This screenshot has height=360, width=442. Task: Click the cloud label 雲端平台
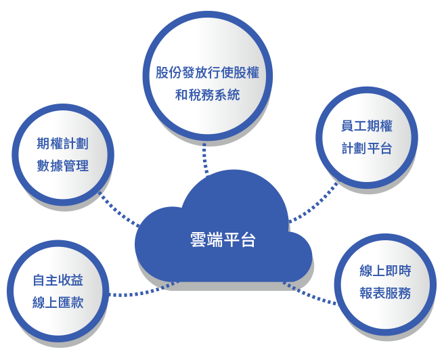pyautogui.click(x=223, y=240)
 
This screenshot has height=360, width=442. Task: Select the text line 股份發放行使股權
pyautogui.click(x=208, y=72)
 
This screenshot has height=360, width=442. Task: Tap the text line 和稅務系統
pyautogui.click(x=208, y=95)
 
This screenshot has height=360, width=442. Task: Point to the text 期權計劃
pyautogui.click(x=62, y=143)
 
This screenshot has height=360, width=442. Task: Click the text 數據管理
pyautogui.click(x=62, y=166)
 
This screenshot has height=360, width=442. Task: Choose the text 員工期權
pyautogui.click(x=366, y=126)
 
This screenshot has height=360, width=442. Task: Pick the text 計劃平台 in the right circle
pyautogui.click(x=366, y=148)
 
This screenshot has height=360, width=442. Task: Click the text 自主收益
pyautogui.click(x=58, y=280)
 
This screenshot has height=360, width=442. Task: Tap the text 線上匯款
pyautogui.click(x=58, y=302)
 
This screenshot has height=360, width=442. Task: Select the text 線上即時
pyautogui.click(x=385, y=271)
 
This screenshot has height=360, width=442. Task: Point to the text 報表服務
pyautogui.click(x=385, y=293)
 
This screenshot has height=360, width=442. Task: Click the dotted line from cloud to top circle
pyautogui.click(x=205, y=158)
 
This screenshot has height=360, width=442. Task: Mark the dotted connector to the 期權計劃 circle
pyautogui.click(x=118, y=210)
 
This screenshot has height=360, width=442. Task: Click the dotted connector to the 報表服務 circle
pyautogui.click(x=309, y=295)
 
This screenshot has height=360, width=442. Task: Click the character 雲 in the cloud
pyautogui.click(x=198, y=240)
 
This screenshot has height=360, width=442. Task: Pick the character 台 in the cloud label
pyautogui.click(x=248, y=240)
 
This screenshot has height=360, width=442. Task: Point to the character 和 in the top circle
pyautogui.click(x=181, y=95)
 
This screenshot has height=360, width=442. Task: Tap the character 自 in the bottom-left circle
pyautogui.click(x=39, y=280)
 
